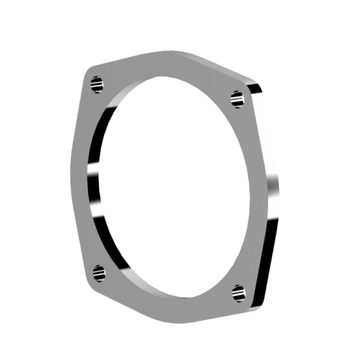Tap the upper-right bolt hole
(236, 99)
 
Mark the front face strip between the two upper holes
(168, 67)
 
